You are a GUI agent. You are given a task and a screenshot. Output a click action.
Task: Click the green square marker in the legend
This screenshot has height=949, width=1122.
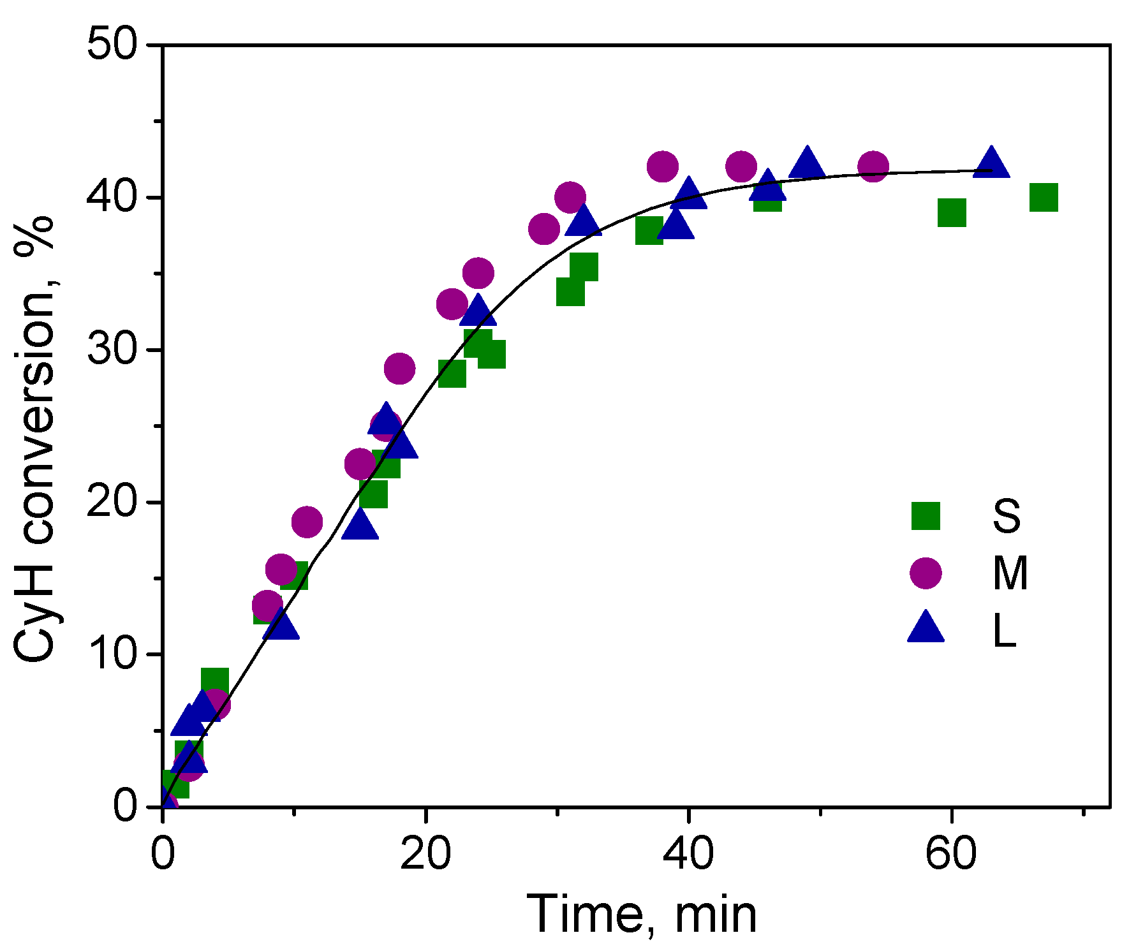point(926,515)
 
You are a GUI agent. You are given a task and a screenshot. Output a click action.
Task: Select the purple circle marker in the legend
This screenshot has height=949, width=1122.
point(926,572)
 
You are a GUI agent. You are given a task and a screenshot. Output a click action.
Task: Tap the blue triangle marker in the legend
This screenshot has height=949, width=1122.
point(926,628)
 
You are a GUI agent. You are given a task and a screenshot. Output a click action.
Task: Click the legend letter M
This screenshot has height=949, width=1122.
point(1010,573)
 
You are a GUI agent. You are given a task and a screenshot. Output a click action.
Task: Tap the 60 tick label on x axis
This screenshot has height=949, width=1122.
point(951,853)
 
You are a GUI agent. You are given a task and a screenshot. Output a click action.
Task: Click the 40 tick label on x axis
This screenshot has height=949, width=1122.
point(688,853)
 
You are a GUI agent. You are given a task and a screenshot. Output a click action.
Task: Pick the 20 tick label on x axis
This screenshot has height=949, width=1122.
point(425,853)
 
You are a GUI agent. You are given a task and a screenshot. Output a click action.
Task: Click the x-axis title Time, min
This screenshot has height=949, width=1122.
point(642,914)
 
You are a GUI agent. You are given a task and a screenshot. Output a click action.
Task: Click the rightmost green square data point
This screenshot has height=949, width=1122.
point(1044,197)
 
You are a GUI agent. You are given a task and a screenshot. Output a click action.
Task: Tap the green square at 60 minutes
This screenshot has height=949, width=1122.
point(952,212)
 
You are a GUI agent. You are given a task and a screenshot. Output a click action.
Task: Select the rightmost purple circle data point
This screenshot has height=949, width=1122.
point(873,166)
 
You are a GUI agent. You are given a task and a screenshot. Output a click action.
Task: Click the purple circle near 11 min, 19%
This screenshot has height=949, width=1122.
point(307,522)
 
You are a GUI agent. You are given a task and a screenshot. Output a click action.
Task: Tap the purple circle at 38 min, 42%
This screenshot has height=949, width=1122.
point(662,166)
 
